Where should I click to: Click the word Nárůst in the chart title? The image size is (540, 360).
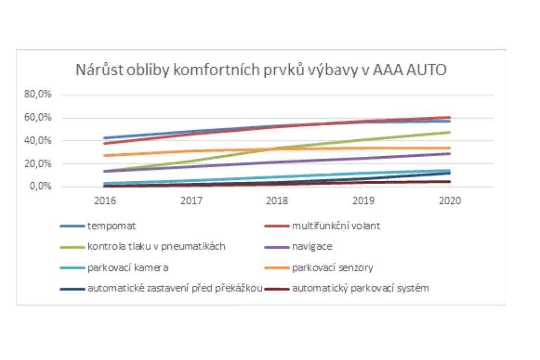pyautogui.click(x=96, y=70)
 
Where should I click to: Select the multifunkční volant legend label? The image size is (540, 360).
pyautogui.click(x=336, y=226)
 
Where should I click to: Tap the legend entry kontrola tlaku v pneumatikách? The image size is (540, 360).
pyautogui.click(x=157, y=247)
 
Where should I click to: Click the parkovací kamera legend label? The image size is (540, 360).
pyautogui.click(x=129, y=268)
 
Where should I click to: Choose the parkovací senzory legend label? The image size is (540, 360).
pyautogui.click(x=332, y=268)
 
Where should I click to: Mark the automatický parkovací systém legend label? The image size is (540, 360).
pyautogui.click(x=360, y=288)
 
